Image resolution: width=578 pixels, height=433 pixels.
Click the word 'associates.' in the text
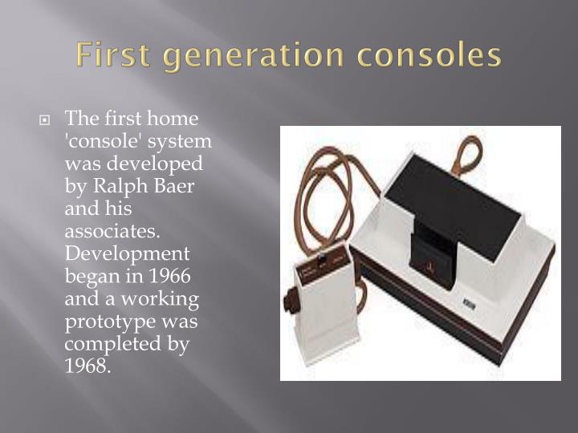[x=110, y=232]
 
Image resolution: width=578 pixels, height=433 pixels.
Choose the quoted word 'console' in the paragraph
[x=101, y=142]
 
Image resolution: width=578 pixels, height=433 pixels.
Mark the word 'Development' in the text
[x=127, y=254]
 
